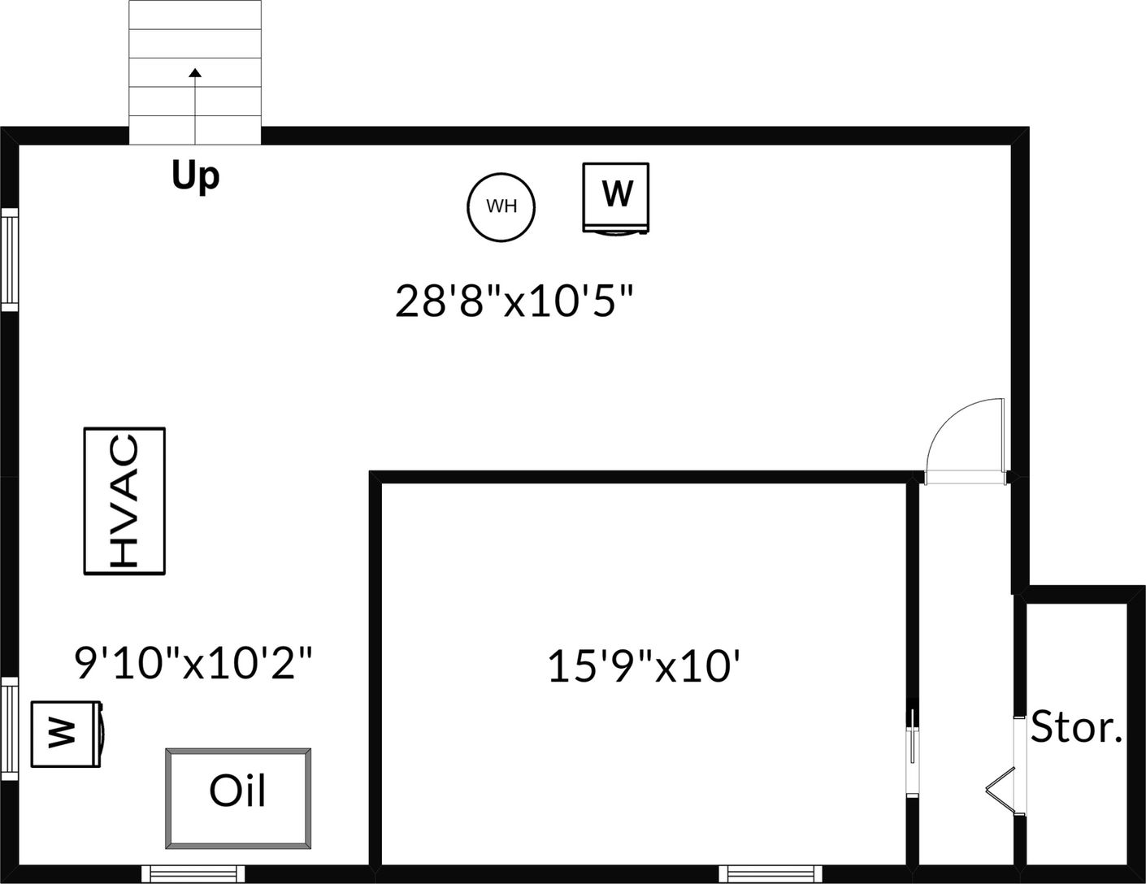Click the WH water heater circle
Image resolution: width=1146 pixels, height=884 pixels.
tap(501, 206)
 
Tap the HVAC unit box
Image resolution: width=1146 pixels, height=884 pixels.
tap(124, 500)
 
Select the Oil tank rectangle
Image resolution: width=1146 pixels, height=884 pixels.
tap(238, 799)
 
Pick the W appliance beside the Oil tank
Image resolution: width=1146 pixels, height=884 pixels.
tap(66, 734)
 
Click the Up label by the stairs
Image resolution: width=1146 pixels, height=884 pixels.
tap(196, 175)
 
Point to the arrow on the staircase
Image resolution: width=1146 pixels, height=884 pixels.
tap(195, 75)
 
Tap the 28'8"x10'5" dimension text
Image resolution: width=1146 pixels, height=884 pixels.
tap(514, 301)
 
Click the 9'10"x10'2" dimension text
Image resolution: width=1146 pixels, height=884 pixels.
tap(193, 663)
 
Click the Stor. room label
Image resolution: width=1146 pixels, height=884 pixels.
tap(1076, 727)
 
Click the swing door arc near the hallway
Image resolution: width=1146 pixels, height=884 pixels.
tap(964, 439)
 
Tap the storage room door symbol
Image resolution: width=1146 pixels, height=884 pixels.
tap(1005, 788)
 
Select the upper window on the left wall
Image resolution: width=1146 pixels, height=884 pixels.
tap(10, 258)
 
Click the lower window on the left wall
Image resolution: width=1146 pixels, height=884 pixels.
tap(10, 729)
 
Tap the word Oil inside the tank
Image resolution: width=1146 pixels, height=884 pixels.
tap(237, 791)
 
